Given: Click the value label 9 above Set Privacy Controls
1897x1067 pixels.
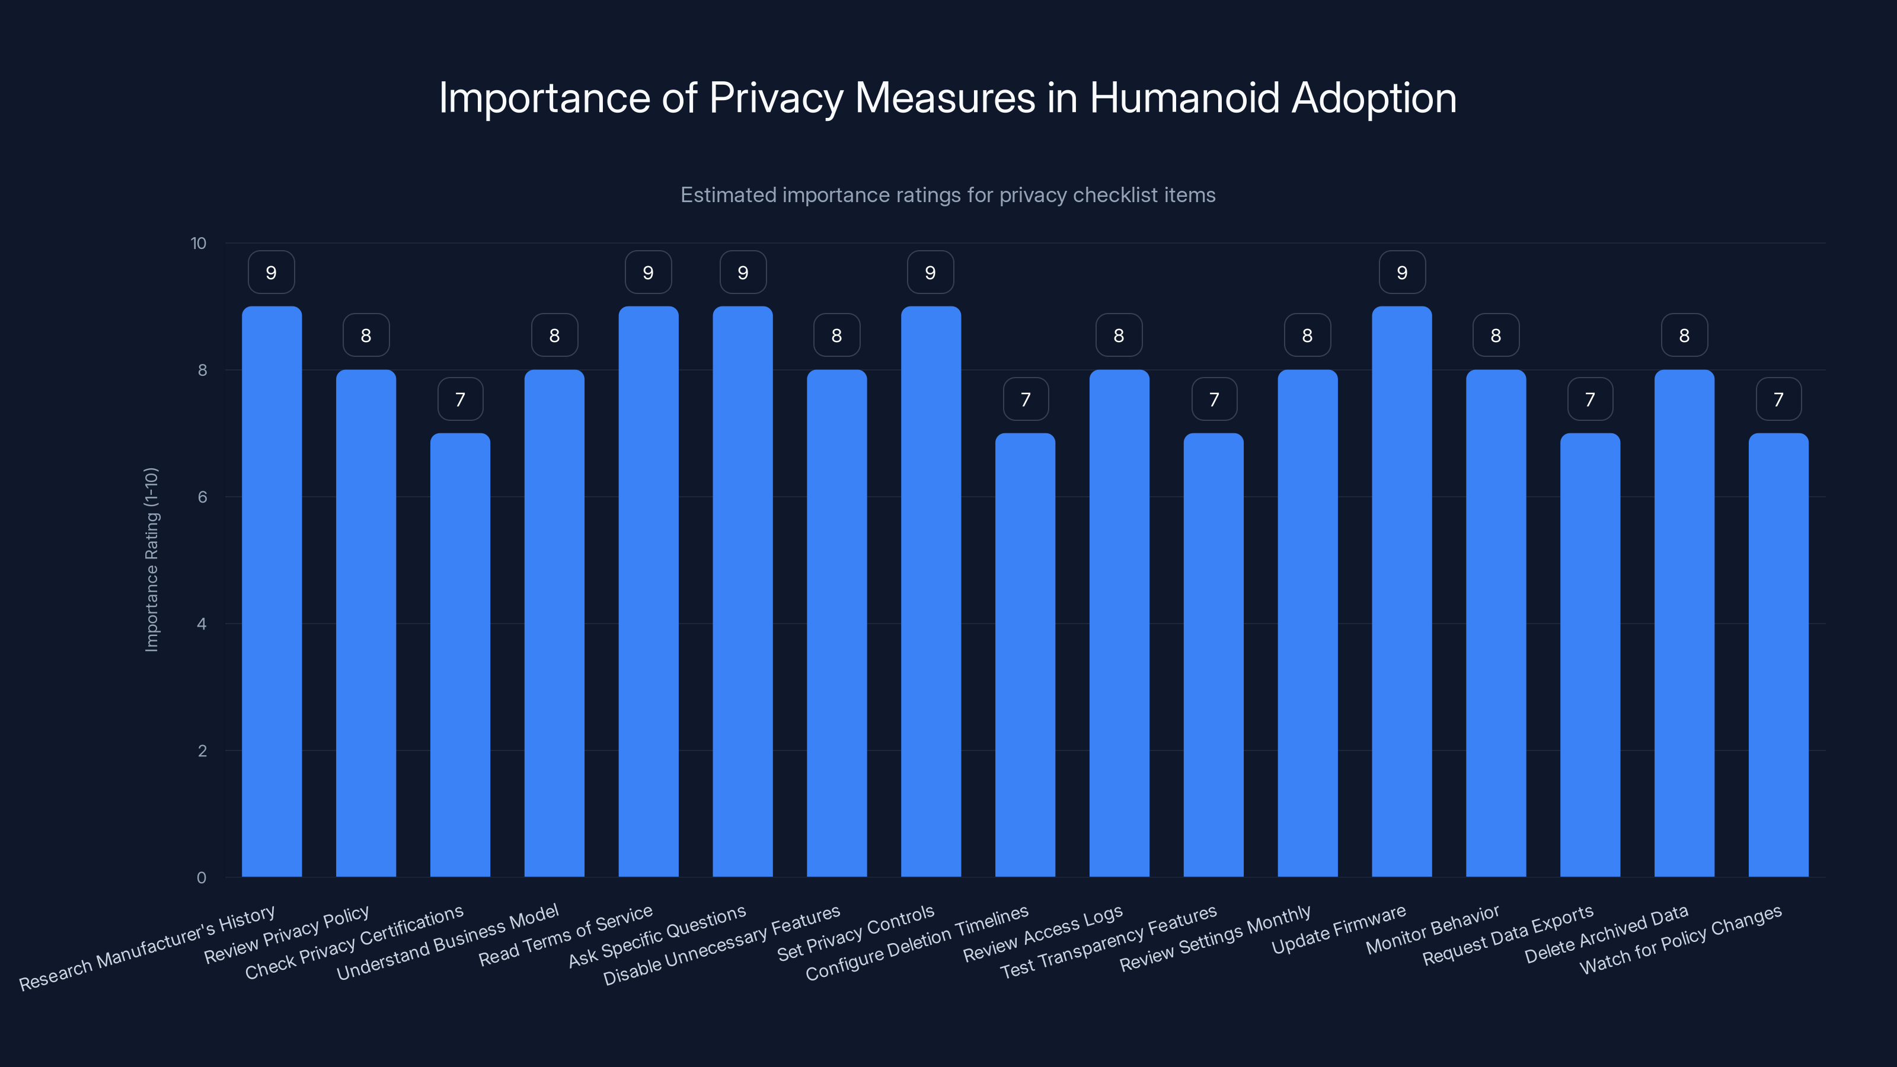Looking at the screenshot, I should click(930, 273).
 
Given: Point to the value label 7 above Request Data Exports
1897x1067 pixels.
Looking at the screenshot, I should click(1590, 399).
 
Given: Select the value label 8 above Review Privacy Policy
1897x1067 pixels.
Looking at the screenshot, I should click(366, 336).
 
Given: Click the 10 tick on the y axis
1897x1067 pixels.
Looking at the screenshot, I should click(198, 243).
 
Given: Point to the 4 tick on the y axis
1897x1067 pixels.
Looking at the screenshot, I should click(202, 624).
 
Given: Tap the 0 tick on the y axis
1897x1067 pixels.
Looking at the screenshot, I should click(201, 877).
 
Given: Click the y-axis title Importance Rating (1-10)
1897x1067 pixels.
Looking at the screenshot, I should click(152, 560).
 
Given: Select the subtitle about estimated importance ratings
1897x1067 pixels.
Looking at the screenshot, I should click(948, 195).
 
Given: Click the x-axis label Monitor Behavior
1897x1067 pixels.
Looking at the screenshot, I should click(1432, 930).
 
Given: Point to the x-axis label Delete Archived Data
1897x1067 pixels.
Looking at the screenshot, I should click(1606, 934).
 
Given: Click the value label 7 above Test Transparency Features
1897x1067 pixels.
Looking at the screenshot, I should click(1213, 399).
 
